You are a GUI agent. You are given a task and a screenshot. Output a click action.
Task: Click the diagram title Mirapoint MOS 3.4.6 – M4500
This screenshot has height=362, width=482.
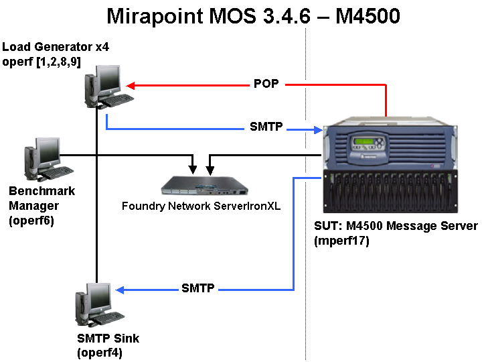click(253, 16)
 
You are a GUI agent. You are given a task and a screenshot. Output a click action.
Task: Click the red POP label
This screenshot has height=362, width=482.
click(266, 84)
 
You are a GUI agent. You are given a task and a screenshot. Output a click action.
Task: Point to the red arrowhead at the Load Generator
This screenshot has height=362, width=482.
click(132, 85)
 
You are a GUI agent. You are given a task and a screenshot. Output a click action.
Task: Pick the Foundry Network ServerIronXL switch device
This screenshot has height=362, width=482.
click(201, 183)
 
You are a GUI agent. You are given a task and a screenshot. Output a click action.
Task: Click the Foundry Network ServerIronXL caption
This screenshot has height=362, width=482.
click(201, 206)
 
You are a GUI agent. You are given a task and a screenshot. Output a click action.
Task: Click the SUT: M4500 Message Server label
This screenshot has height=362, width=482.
click(396, 226)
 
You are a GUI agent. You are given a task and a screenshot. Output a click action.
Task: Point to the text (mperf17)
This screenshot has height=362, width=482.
click(341, 239)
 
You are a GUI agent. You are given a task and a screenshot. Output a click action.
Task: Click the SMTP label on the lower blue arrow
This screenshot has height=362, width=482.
click(198, 288)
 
